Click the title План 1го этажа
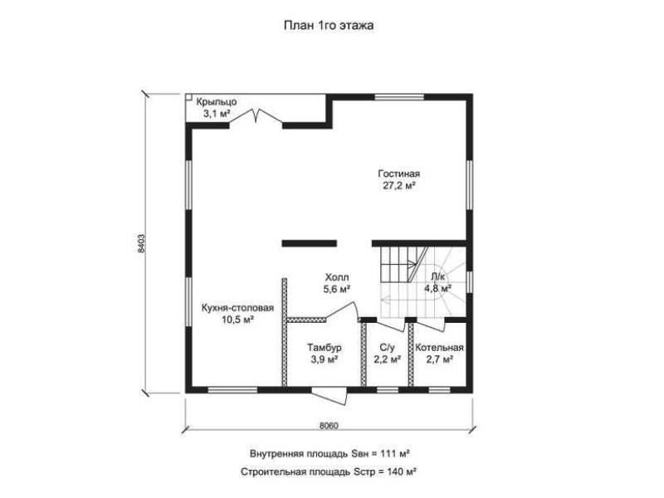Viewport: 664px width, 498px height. coord(329,26)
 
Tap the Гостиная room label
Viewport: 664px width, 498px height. coord(399,174)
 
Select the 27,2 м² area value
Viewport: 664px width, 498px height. coord(399,186)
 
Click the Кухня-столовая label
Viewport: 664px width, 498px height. coord(237,308)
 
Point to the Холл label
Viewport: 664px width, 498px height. coord(337,277)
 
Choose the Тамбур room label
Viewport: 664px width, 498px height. coord(325,348)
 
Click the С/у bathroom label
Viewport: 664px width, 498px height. coord(387,348)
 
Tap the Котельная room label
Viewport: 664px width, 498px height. coord(439,348)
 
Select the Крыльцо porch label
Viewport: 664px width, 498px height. coord(216,102)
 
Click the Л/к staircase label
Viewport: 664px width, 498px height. coord(438,277)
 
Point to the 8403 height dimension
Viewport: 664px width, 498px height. coord(141,243)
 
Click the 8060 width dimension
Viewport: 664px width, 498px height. coord(329,426)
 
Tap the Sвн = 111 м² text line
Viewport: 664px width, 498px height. coord(330,454)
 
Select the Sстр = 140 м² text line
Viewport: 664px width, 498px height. coord(329,471)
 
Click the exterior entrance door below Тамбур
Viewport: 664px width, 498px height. coord(330,396)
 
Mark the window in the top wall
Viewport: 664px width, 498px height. coord(399,97)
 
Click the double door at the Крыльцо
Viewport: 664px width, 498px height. coord(256,116)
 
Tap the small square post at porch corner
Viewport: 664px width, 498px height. coord(189,97)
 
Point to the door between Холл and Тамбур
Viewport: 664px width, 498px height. coord(342,311)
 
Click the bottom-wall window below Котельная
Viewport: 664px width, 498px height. coord(440,390)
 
